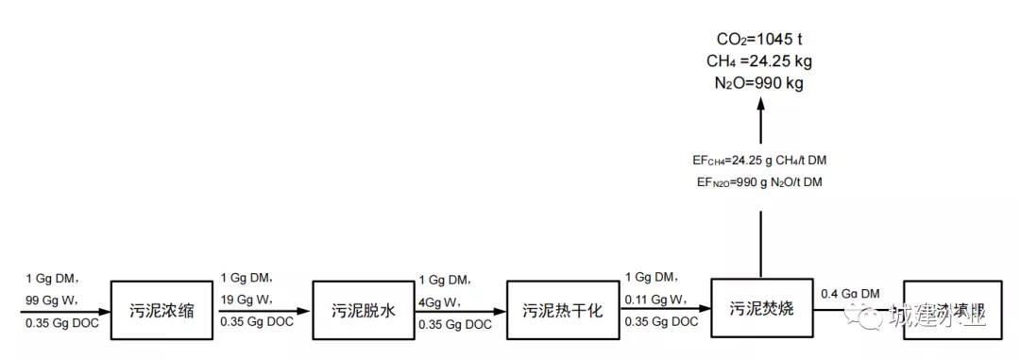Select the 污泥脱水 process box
point(363,309)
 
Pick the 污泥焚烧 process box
point(761,307)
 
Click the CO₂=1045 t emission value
point(760,40)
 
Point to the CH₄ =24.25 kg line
point(760,61)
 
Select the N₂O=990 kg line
point(760,83)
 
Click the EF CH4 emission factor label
point(760,161)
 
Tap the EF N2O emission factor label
point(760,181)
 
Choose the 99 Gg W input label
point(52,300)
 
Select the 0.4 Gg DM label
point(851,294)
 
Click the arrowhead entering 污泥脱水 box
point(306,310)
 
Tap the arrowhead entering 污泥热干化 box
point(501,310)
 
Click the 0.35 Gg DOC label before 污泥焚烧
point(661,321)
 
